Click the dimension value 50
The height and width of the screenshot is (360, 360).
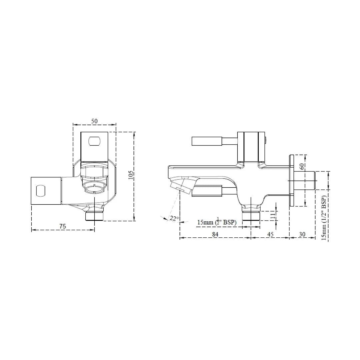pyautogui.click(x=95, y=121)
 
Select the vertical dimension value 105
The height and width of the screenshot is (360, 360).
pyautogui.click(x=131, y=175)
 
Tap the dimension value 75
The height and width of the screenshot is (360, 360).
pyautogui.click(x=62, y=226)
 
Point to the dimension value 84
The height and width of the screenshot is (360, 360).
pyautogui.click(x=215, y=234)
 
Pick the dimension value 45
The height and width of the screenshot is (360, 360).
pyautogui.click(x=270, y=234)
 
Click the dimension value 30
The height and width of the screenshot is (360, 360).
pyautogui.click(x=302, y=234)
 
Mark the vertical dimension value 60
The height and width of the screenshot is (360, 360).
pyautogui.click(x=302, y=166)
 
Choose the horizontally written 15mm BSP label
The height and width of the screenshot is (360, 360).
pyautogui.click(x=217, y=222)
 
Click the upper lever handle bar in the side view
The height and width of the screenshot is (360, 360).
pyautogui.click(x=207, y=141)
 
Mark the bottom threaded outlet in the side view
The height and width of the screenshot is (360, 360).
pyautogui.click(x=251, y=215)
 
